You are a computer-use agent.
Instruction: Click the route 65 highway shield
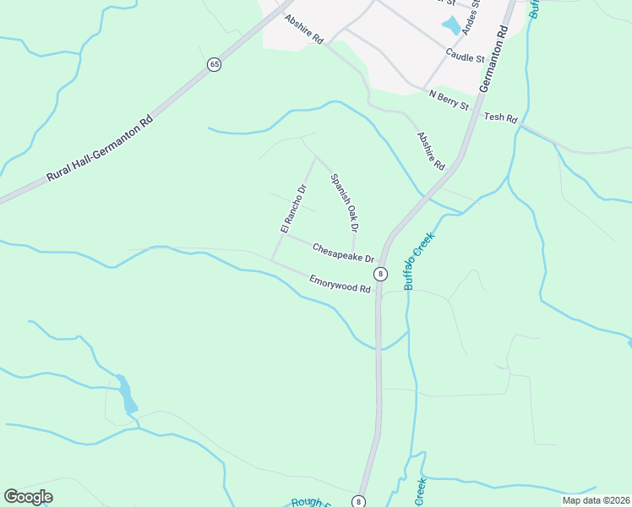[215, 65]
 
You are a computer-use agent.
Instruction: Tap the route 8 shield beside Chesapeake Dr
[381, 273]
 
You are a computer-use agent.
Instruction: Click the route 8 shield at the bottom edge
[360, 500]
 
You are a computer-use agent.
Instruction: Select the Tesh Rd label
[500, 118]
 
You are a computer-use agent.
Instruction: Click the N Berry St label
[449, 100]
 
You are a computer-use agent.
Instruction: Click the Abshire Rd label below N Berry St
[431, 150]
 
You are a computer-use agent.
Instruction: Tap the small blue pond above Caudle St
[452, 25]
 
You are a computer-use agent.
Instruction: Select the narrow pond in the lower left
[127, 394]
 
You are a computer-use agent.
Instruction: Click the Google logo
[28, 497]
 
